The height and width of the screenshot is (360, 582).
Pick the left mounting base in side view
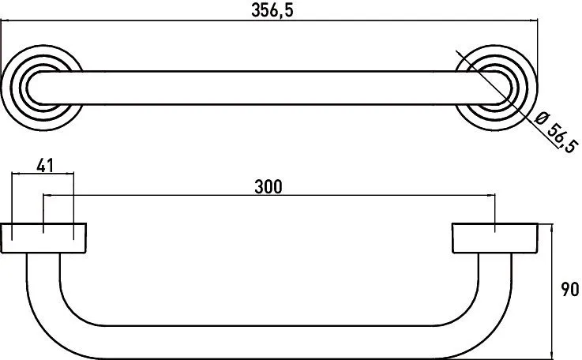pyautogui.click(x=43, y=238)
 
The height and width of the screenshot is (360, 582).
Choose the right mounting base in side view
pyautogui.click(x=495, y=238)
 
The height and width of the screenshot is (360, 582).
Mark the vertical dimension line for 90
pyautogui.click(x=550, y=289)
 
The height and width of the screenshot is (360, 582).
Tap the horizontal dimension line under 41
pyautogui.click(x=43, y=177)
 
